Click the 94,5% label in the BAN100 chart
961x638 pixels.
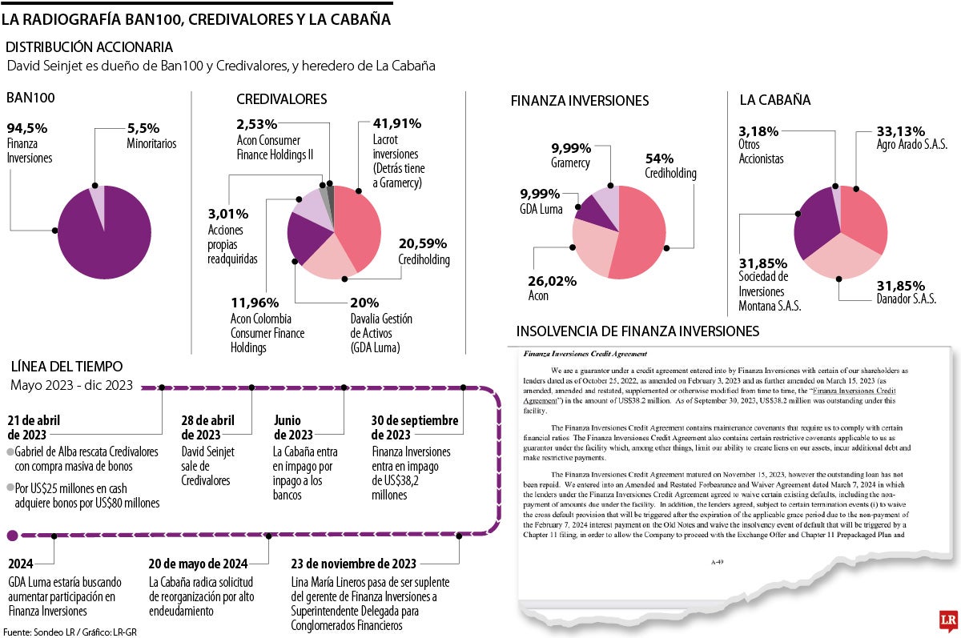pos(27,128)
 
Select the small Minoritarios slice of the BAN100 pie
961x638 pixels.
pos(97,197)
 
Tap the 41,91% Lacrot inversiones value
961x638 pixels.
pos(397,124)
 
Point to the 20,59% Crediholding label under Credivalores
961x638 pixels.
pos(423,244)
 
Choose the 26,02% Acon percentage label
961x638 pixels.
pos(552,281)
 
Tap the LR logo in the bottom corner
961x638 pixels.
pos(948,620)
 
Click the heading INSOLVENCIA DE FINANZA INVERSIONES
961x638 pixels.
pos(637,331)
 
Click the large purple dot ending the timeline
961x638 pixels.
pos(12,536)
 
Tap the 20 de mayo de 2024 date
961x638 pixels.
pos(198,562)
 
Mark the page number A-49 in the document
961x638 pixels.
pos(718,563)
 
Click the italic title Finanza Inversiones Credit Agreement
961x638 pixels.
pos(585,353)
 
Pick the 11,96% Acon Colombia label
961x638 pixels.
pos(255,303)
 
